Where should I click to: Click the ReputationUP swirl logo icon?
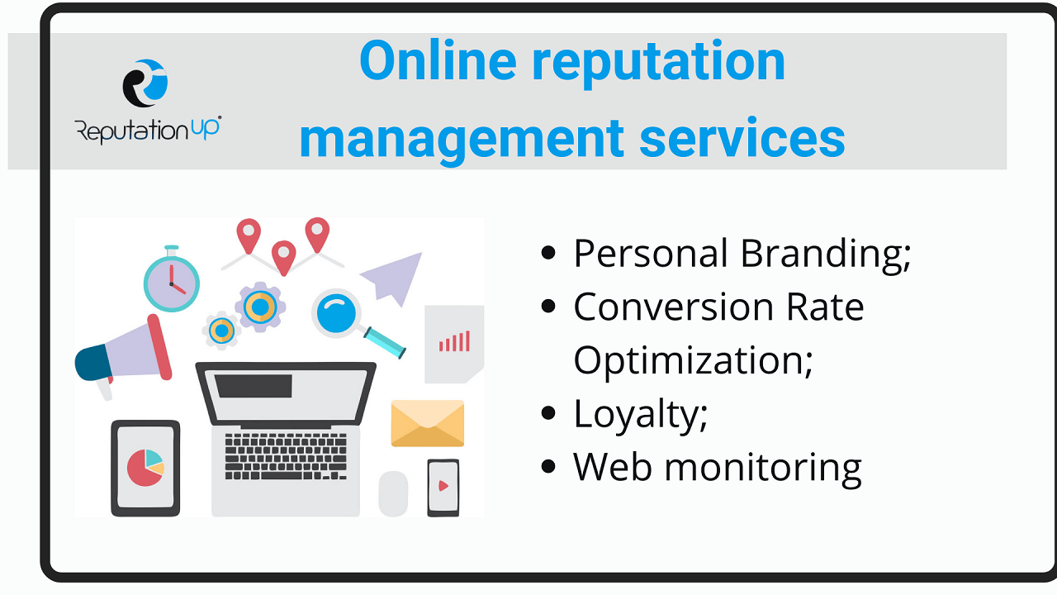tap(145, 83)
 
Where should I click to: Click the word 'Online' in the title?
tap(438, 61)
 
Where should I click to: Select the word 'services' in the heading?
tap(742, 139)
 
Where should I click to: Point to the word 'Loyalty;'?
tap(640, 415)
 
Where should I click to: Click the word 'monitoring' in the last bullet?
tap(763, 469)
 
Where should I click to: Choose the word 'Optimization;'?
tap(693, 361)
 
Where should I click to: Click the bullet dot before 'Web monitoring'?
tap(548, 467)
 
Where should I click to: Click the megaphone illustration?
tap(124, 355)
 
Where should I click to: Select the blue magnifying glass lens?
tap(336, 313)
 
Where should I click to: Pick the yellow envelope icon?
tap(428, 423)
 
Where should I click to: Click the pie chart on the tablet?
tap(145, 468)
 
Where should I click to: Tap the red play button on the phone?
tap(443, 485)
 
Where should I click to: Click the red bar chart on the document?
tap(454, 341)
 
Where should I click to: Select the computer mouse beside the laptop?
tap(393, 493)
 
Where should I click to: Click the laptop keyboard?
tap(286, 456)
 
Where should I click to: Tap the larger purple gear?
tap(260, 307)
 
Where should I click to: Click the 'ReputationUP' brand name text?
tap(148, 130)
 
